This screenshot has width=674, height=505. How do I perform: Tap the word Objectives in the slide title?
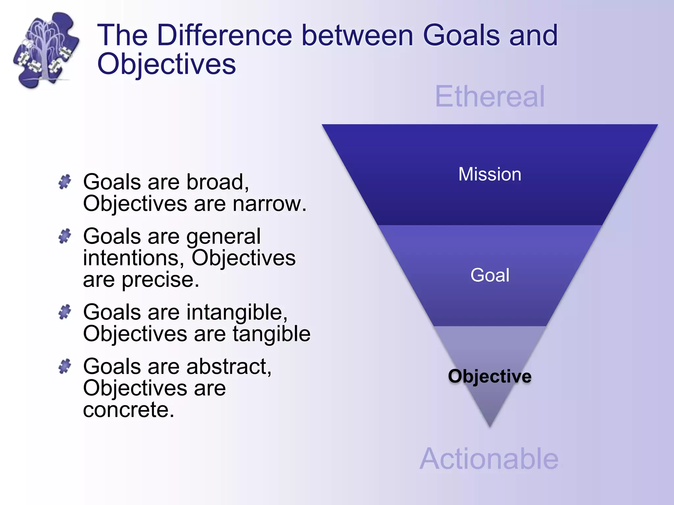167,64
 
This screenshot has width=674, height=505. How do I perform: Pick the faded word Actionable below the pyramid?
489,459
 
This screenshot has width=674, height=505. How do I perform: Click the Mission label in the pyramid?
490,174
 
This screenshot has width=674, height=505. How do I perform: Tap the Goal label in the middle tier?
490,275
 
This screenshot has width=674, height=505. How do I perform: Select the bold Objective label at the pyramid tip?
490,376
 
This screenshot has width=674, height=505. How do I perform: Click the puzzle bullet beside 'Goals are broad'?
65,181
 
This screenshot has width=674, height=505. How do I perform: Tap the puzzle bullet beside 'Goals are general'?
65,236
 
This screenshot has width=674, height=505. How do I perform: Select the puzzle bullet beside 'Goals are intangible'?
65,312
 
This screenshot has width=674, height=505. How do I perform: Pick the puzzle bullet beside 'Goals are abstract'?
65,366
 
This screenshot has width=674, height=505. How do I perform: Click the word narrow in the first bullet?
269,204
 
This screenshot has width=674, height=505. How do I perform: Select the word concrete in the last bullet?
128,410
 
